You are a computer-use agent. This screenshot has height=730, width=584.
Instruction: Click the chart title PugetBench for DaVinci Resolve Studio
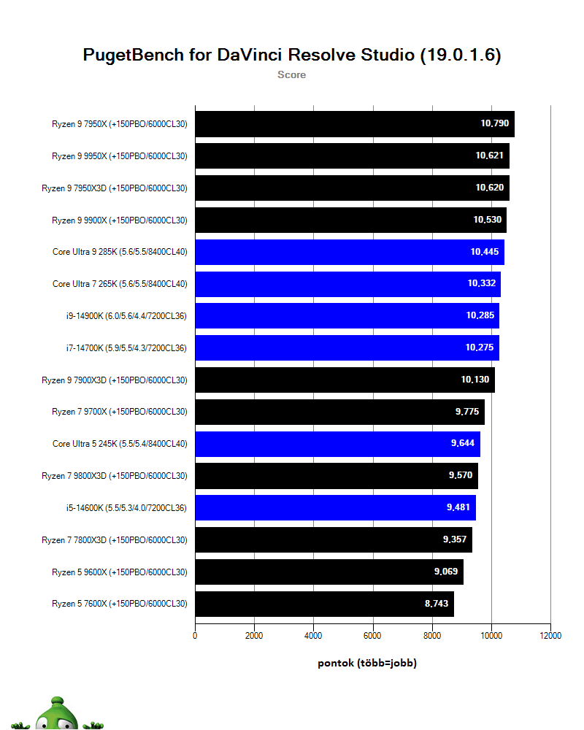pyautogui.click(x=291, y=55)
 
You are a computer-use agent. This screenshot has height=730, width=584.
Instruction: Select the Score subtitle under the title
pyautogui.click(x=291, y=74)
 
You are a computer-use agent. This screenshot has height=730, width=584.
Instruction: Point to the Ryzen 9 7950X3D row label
pyautogui.click(x=115, y=188)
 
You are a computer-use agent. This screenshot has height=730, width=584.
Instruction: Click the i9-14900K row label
pyautogui.click(x=126, y=316)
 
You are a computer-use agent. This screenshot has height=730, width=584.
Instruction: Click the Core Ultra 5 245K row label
pyautogui.click(x=120, y=444)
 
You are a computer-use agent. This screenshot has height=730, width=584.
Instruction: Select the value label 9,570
pyautogui.click(x=461, y=475)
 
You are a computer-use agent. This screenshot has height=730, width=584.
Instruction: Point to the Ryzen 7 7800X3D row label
pyautogui.click(x=115, y=540)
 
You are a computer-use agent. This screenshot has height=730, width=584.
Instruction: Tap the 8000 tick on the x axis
pyautogui.click(x=432, y=636)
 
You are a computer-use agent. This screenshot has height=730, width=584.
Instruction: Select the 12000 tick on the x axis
pyautogui.click(x=550, y=636)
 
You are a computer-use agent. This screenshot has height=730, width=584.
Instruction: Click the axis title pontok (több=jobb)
pyautogui.click(x=367, y=663)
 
